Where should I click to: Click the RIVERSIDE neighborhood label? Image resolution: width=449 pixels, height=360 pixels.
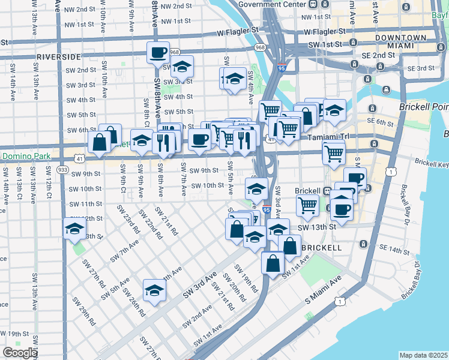coord(58,56)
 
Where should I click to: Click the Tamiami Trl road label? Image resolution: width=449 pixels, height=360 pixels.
coord(328,136)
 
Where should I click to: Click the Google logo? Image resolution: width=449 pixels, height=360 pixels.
coord(20,353)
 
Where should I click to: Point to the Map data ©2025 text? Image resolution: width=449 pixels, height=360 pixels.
coord(423,355)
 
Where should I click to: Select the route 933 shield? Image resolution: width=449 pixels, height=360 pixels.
coord(62,170)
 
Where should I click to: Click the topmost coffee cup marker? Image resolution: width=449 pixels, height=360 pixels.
coord(158,52)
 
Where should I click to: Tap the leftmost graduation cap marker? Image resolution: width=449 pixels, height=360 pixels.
coord(74,229)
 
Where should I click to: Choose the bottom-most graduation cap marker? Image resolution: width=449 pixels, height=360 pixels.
coord(155,291)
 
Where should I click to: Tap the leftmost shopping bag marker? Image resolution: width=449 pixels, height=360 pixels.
coord(98,143)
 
